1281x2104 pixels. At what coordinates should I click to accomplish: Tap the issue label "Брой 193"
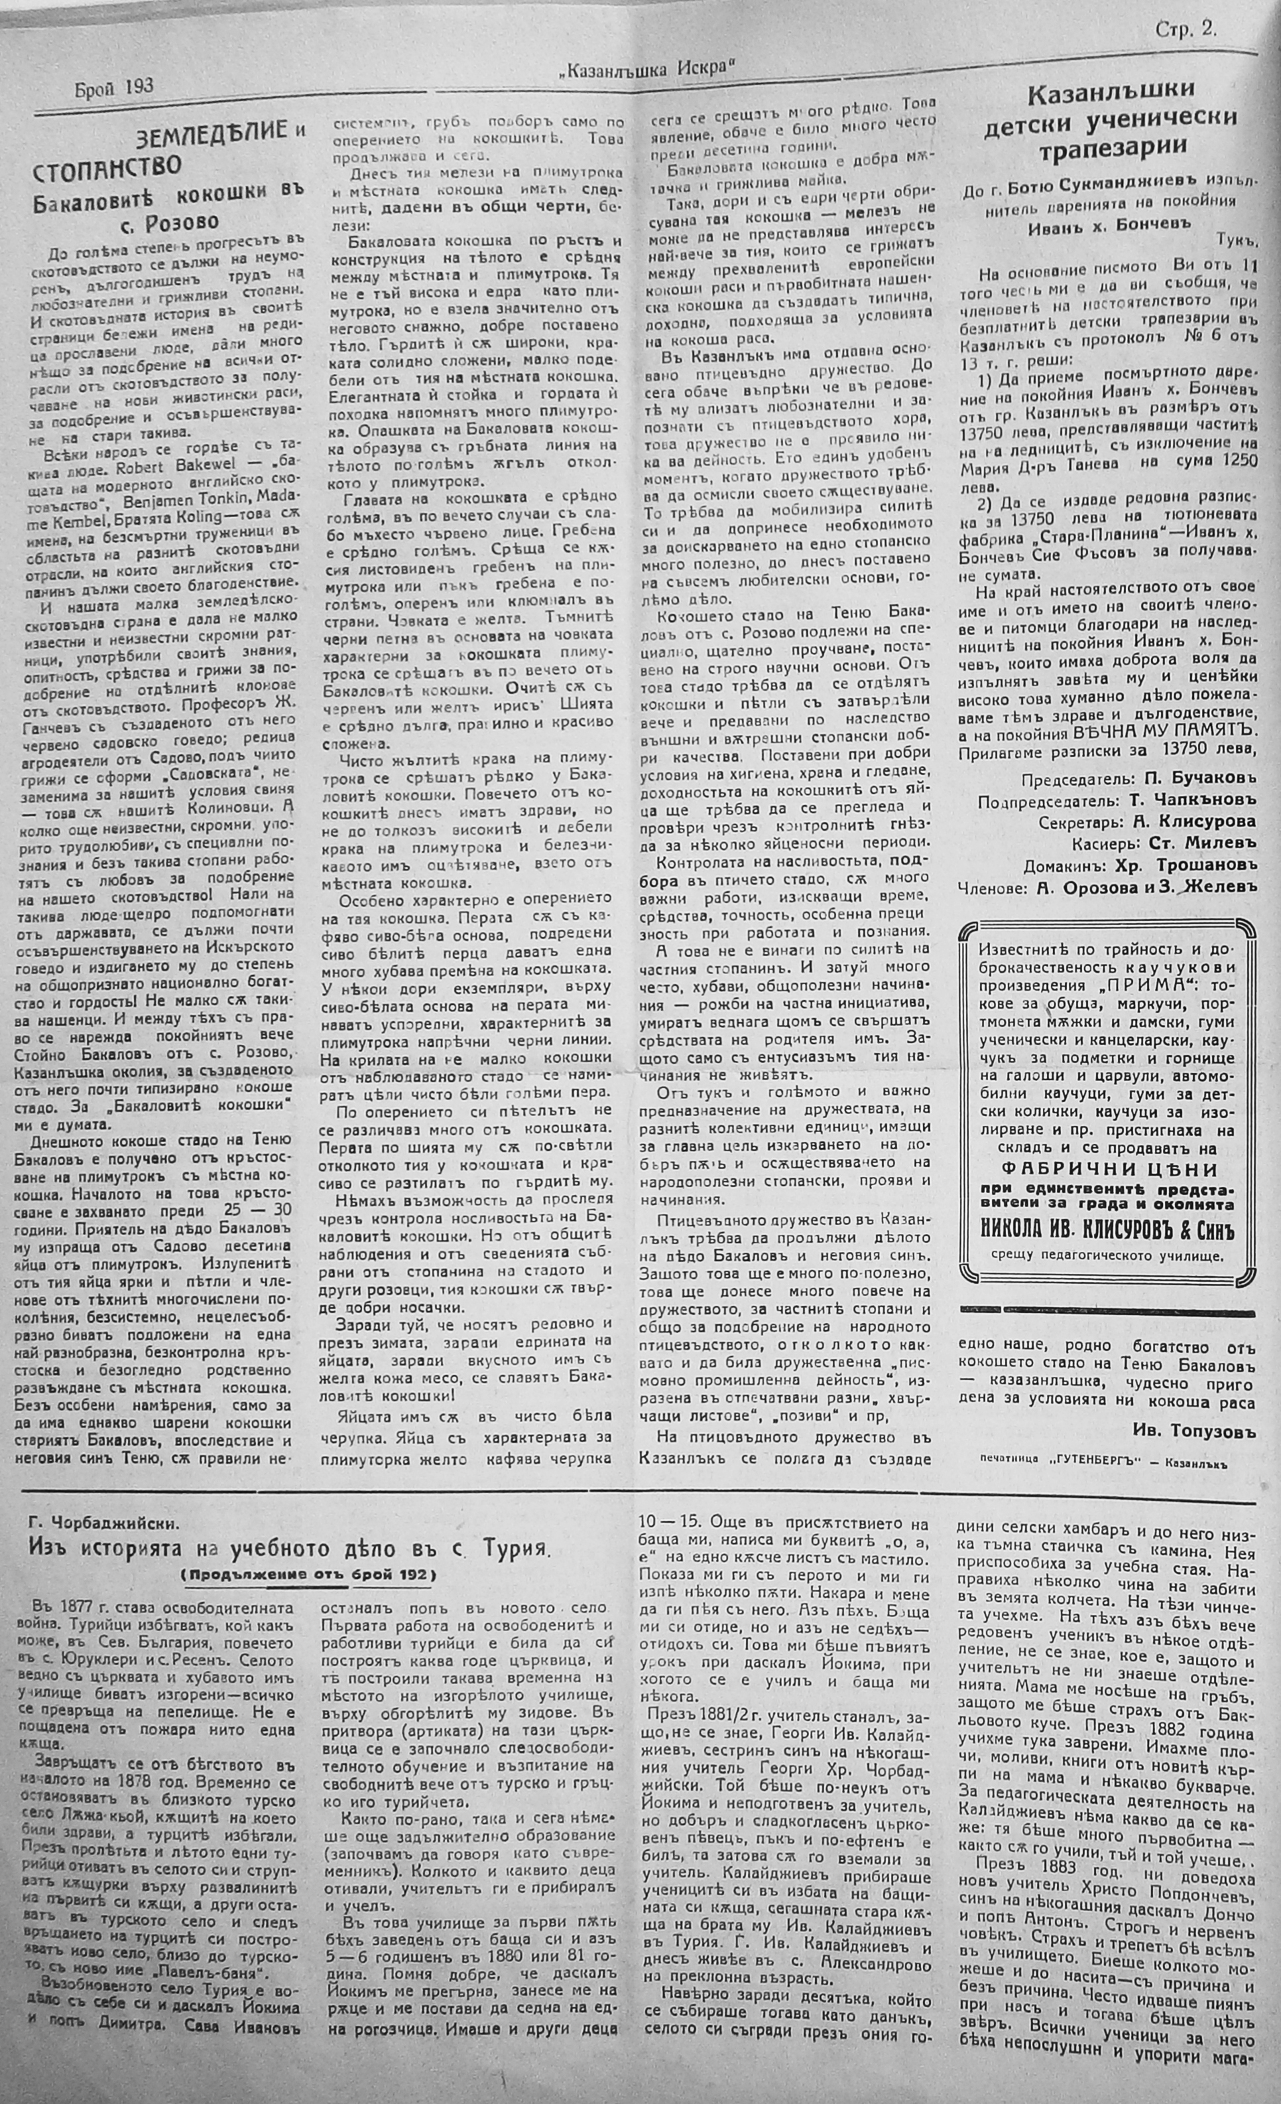tap(113, 86)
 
